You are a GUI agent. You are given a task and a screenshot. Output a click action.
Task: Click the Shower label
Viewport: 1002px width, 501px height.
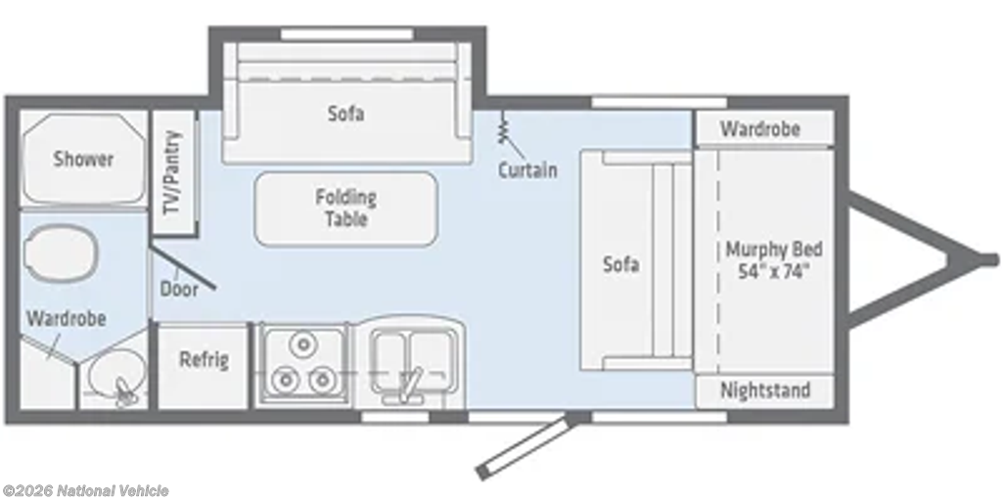pyautogui.click(x=83, y=159)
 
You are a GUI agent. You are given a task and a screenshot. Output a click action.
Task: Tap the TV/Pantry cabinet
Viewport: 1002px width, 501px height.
pyautogui.click(x=173, y=172)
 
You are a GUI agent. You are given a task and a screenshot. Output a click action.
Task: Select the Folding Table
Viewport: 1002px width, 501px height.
pyautogui.click(x=345, y=208)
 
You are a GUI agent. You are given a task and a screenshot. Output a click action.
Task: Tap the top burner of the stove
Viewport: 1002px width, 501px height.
pyautogui.click(x=303, y=344)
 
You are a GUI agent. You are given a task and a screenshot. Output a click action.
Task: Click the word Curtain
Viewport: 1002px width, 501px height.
pyautogui.click(x=527, y=170)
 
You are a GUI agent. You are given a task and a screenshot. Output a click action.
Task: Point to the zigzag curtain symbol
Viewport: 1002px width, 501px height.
pyautogui.click(x=503, y=128)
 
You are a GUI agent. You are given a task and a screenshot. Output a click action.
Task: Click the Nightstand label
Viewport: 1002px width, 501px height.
pyautogui.click(x=765, y=389)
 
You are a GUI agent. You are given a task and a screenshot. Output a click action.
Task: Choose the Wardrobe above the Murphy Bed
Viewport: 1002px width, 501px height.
pyautogui.click(x=764, y=128)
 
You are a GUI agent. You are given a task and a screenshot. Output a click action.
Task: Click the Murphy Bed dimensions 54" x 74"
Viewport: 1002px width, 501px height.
pyautogui.click(x=774, y=271)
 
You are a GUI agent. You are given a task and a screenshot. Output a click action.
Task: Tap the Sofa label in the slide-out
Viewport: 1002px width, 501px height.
pyautogui.click(x=346, y=114)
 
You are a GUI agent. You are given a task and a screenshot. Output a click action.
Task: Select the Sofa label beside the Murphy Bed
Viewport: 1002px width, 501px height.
pyautogui.click(x=621, y=264)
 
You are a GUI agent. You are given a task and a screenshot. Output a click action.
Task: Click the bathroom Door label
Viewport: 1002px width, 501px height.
pyautogui.click(x=179, y=289)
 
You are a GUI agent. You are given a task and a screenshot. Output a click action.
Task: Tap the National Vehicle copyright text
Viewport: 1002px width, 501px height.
pyautogui.click(x=85, y=491)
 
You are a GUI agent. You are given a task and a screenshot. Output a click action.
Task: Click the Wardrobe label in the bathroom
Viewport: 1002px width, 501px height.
pyautogui.click(x=66, y=318)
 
